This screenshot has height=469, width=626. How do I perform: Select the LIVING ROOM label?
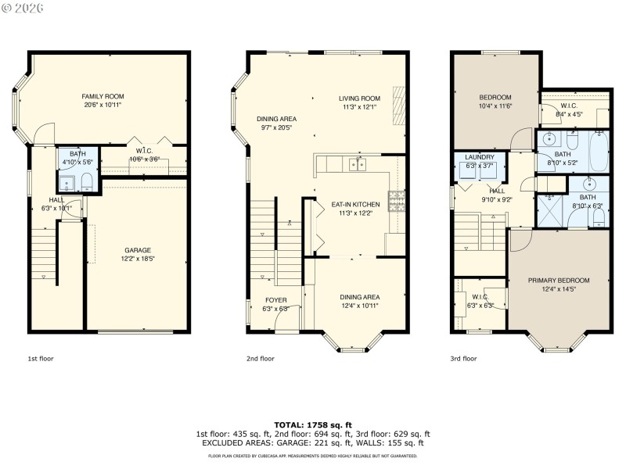tap(359, 98)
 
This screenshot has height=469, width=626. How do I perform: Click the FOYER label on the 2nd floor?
tap(275, 299)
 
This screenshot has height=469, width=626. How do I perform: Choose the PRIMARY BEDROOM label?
tap(558, 280)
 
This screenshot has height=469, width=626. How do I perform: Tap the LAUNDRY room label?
tap(480, 157)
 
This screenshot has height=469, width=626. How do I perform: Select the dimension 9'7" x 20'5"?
tap(275, 127)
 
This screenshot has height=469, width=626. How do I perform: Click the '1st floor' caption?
tap(41, 359)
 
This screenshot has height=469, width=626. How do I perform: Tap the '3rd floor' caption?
tap(463, 359)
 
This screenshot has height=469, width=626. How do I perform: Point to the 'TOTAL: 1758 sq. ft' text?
tap(313, 424)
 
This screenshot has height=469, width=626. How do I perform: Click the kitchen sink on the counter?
tap(359, 164)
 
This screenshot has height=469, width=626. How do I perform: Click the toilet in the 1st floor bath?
tap(86, 182)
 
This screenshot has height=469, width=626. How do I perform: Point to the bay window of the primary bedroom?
tap(558, 341)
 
